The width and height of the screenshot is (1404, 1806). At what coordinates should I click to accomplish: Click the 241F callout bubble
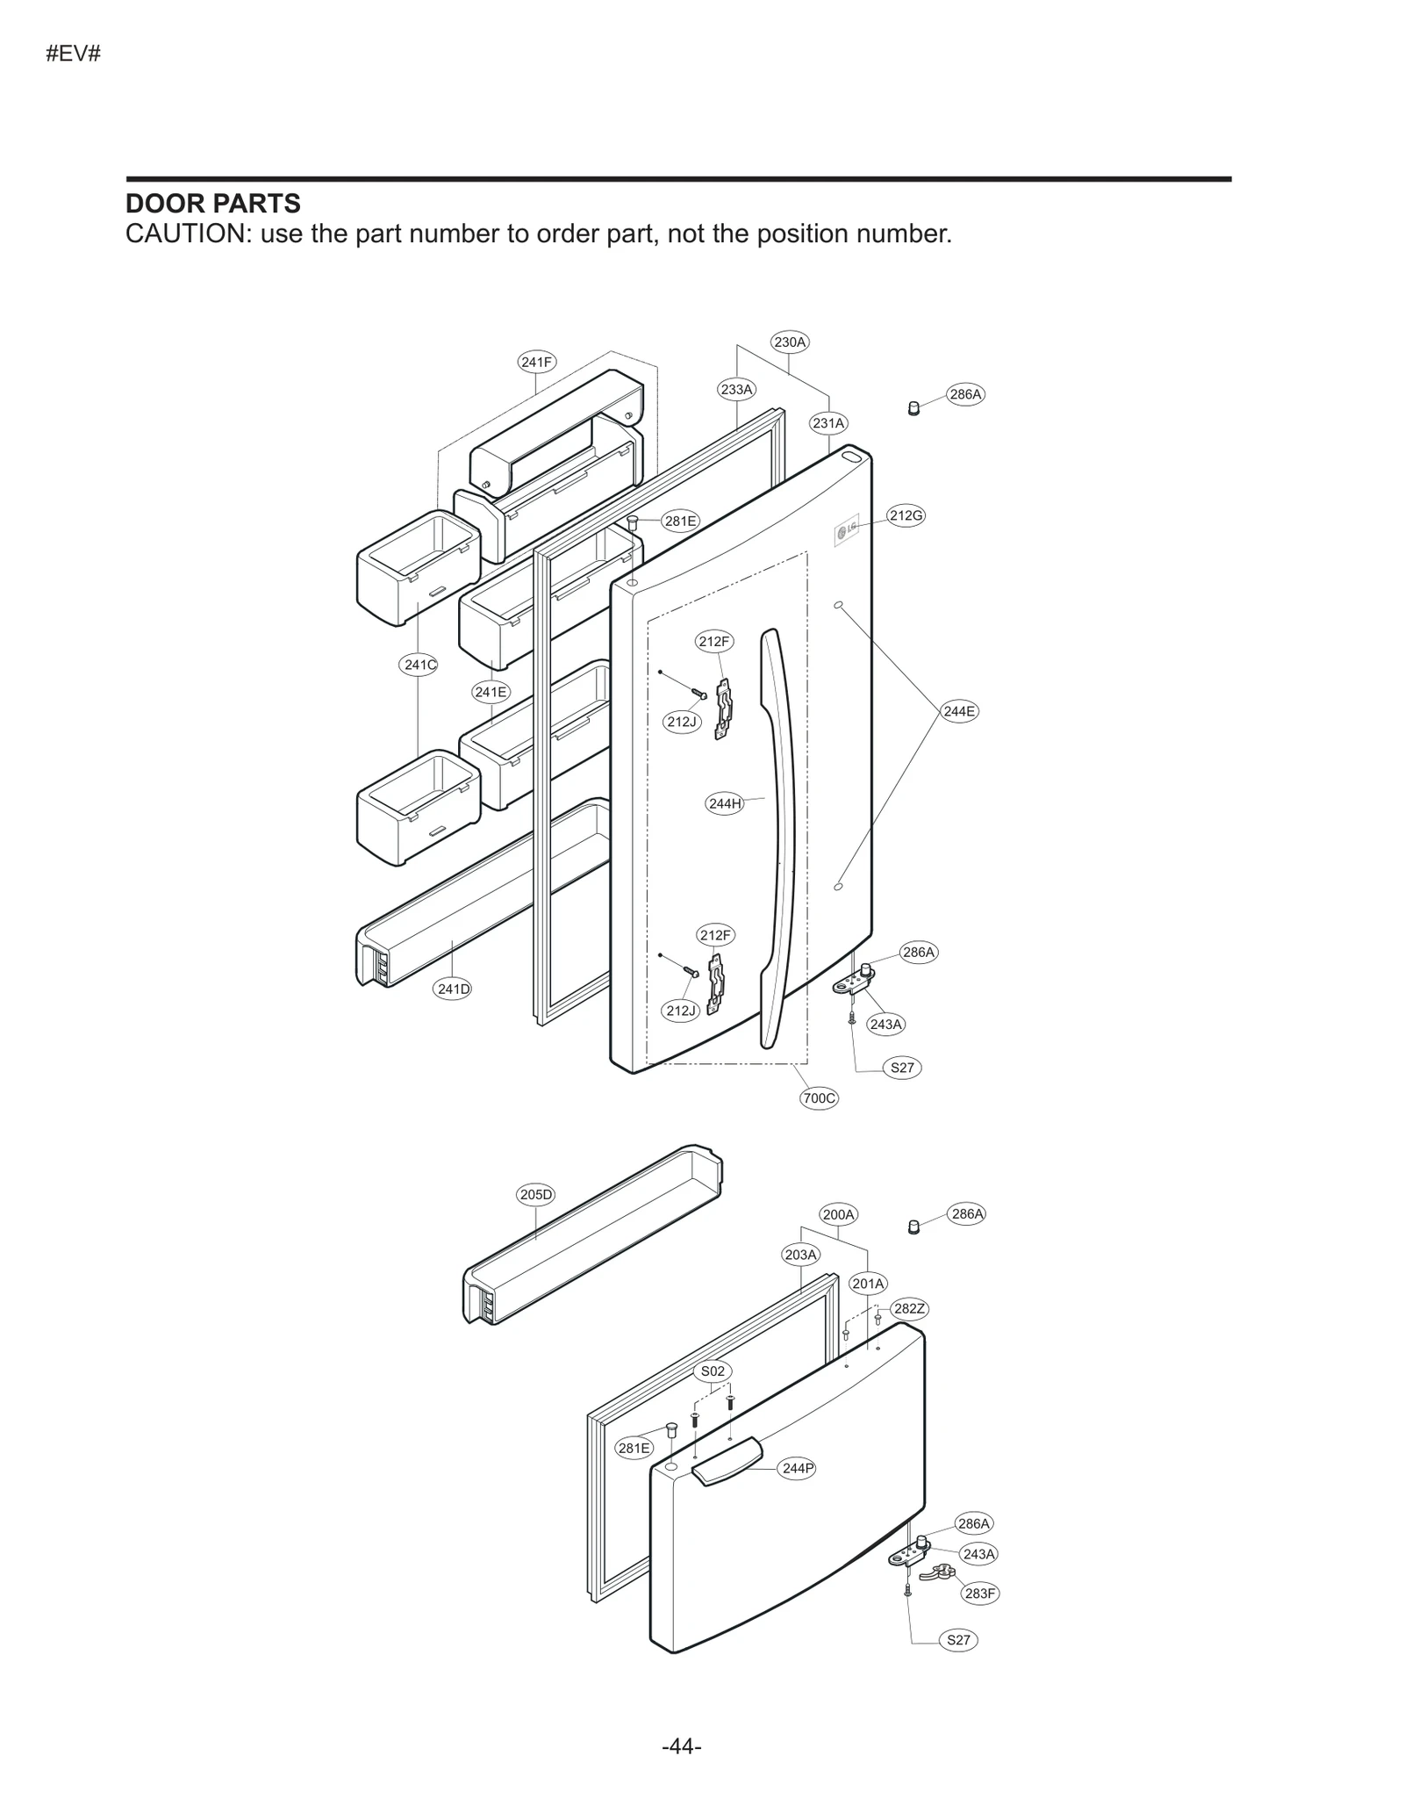tap(536, 362)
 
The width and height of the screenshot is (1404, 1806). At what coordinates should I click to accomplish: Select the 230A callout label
tap(790, 342)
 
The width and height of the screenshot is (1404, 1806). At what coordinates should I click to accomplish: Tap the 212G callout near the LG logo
tap(906, 515)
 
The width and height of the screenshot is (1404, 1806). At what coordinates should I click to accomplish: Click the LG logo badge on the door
tap(847, 530)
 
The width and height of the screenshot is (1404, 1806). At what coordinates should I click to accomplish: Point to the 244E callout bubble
tap(959, 711)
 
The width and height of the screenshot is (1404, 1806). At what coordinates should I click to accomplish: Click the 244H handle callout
tap(725, 803)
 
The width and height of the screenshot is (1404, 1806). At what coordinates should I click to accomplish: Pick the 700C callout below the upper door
tap(819, 1097)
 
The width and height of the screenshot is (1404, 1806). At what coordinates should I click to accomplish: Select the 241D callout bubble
tap(454, 989)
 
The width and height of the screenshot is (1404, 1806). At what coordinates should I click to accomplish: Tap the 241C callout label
tap(419, 665)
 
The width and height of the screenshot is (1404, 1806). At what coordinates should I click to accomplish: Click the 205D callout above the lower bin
tap(535, 1194)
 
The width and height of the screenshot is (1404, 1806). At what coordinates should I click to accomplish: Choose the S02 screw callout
tap(713, 1371)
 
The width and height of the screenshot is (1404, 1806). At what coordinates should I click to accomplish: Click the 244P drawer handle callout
tap(797, 1468)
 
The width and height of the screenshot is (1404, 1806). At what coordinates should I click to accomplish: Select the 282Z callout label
tap(909, 1309)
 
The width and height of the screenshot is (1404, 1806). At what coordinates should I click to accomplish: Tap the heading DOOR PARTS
tap(213, 204)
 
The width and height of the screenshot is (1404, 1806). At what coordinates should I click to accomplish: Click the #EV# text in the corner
tap(74, 54)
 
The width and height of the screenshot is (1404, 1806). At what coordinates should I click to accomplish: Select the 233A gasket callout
tap(736, 389)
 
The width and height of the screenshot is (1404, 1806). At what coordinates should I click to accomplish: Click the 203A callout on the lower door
tap(800, 1255)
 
